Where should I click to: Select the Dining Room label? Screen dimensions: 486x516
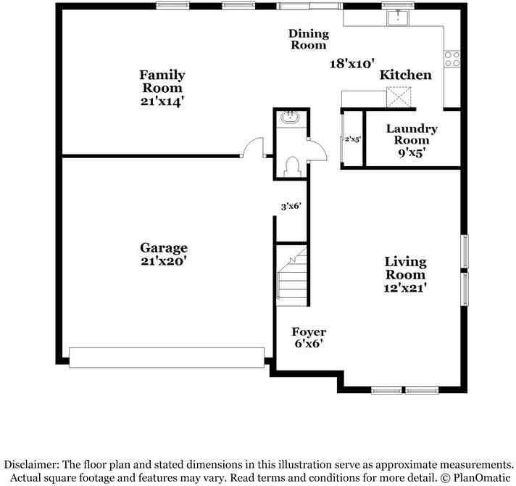click(x=309, y=39)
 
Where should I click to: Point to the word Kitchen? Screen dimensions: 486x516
click(x=406, y=75)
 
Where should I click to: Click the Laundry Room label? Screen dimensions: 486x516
click(x=412, y=134)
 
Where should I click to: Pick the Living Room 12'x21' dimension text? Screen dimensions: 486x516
click(x=405, y=288)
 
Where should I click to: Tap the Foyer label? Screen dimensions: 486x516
click(x=309, y=332)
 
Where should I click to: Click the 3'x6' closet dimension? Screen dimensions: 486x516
click(x=291, y=206)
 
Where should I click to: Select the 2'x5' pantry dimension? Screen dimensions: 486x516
click(x=352, y=139)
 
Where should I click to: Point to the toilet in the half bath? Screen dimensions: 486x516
click(x=294, y=167)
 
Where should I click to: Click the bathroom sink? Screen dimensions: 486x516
click(x=291, y=117)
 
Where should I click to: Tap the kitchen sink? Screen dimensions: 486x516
click(x=397, y=17)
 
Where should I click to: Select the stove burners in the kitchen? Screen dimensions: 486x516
click(x=453, y=59)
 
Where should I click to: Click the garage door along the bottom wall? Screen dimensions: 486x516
click(x=167, y=357)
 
